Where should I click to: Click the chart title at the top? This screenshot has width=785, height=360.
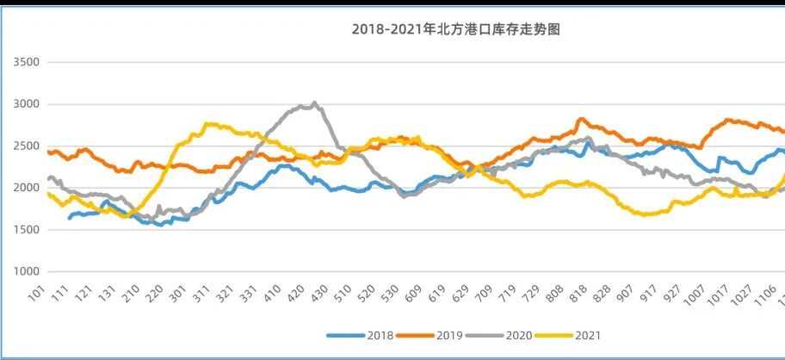[x=456, y=29]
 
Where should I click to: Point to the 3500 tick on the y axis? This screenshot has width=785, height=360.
[x=25, y=63]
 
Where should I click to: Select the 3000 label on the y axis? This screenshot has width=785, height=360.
[x=25, y=104]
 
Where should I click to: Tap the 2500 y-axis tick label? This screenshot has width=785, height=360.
[x=25, y=146]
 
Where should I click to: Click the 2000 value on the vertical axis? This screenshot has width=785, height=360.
[x=25, y=188]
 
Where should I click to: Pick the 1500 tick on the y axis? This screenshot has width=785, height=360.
[x=25, y=230]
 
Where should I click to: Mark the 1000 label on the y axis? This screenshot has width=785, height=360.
[x=25, y=271]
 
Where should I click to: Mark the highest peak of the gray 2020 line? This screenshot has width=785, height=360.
[x=314, y=102]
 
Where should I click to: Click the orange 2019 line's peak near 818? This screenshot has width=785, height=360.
[x=582, y=119]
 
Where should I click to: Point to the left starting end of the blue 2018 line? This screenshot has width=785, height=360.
[x=69, y=218]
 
